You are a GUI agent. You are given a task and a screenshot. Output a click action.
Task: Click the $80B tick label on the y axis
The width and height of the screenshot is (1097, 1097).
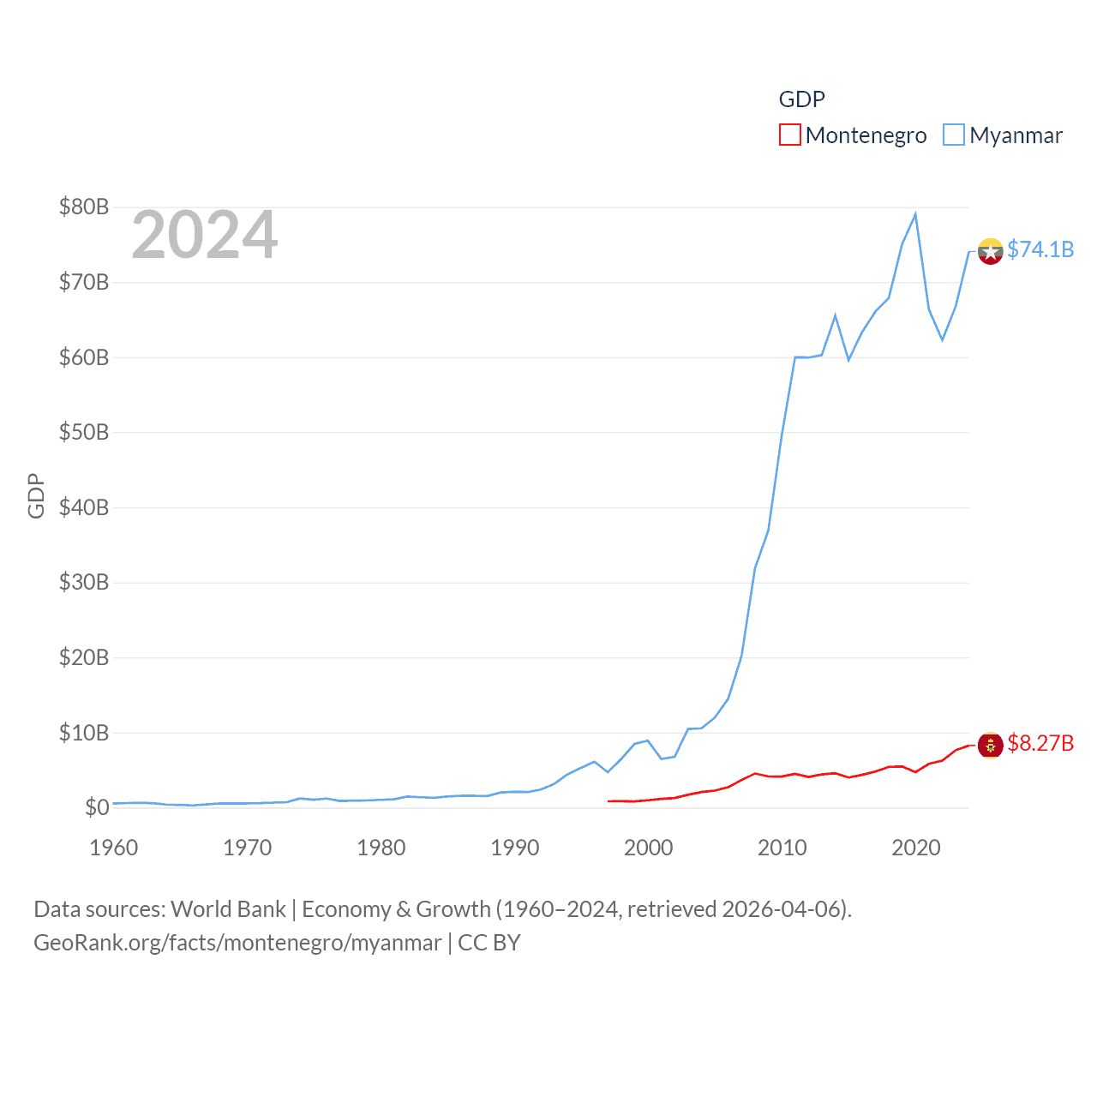(x=84, y=207)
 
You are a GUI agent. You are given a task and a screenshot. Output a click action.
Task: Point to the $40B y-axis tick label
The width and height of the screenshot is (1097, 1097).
(x=84, y=507)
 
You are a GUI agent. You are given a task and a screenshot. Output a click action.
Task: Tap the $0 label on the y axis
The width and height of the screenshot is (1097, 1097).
(x=97, y=807)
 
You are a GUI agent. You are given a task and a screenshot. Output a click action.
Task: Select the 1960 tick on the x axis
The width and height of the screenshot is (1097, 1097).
(x=114, y=848)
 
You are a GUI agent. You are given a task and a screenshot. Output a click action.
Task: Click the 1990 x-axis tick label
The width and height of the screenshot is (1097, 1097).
(x=515, y=848)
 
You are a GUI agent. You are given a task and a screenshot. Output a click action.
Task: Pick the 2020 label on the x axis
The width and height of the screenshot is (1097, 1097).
(x=916, y=848)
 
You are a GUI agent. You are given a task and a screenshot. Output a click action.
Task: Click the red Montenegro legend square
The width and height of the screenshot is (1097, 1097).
(x=790, y=135)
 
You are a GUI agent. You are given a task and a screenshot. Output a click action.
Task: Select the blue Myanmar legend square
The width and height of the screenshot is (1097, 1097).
(x=954, y=135)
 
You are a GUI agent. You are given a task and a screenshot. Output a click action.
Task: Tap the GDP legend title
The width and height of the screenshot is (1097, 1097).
(x=801, y=99)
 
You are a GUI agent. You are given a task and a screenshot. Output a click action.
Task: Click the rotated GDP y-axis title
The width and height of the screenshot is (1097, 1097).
(x=36, y=495)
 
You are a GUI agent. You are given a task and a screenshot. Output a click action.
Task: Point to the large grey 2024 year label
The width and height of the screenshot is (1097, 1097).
(x=204, y=235)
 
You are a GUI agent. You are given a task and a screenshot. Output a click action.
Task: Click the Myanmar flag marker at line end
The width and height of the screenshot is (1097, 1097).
(x=990, y=251)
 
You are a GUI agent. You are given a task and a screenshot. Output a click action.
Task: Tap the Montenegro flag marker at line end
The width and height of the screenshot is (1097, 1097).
(x=990, y=746)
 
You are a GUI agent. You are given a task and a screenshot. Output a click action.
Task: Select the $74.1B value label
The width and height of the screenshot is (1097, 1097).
(x=1040, y=249)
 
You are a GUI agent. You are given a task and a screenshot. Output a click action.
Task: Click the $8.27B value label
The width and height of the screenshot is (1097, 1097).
(x=1040, y=743)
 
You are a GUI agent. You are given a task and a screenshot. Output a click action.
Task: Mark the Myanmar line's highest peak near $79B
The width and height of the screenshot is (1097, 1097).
(x=915, y=214)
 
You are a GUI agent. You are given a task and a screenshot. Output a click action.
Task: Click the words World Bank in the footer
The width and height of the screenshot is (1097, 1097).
(x=229, y=909)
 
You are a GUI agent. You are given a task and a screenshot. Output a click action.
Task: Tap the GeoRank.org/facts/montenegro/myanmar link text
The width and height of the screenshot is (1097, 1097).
(x=237, y=943)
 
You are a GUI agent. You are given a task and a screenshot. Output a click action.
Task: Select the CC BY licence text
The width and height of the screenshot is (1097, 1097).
(x=489, y=943)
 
